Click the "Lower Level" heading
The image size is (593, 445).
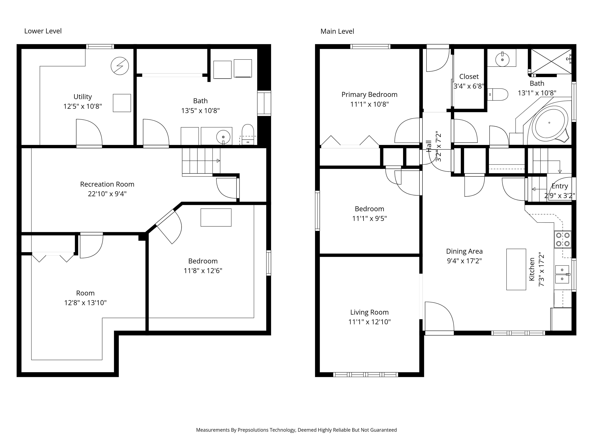click(x=43, y=31)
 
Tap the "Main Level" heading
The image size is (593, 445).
click(x=337, y=31)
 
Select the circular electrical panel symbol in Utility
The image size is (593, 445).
click(x=120, y=66)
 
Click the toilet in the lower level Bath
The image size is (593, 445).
click(x=248, y=135)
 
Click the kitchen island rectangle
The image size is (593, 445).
click(x=516, y=269)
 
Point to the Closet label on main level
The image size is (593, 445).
click(x=469, y=77)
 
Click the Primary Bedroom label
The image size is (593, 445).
click(x=369, y=95)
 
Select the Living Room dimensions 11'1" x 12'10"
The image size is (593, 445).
click(x=369, y=322)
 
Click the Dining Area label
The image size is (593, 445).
click(x=464, y=251)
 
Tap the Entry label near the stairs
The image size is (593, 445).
click(x=560, y=186)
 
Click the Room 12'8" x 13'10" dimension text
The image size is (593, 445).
click(x=85, y=303)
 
